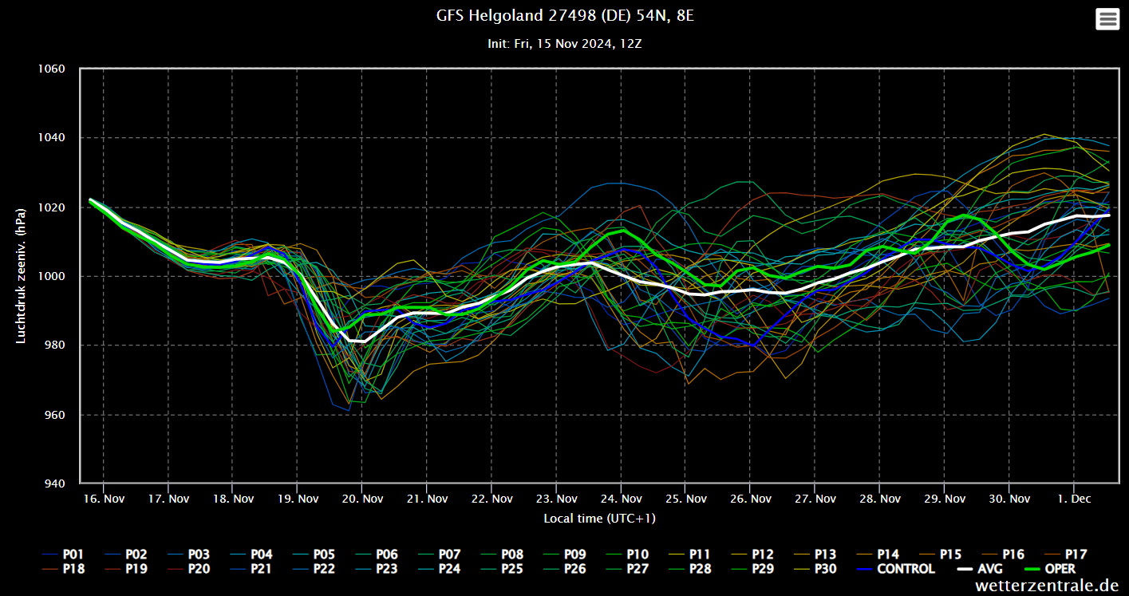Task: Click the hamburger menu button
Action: (x=1107, y=19)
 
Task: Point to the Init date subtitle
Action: (x=564, y=44)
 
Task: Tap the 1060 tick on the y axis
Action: (x=50, y=69)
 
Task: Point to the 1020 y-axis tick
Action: (x=50, y=207)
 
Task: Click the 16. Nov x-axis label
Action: (x=105, y=499)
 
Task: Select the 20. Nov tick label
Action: (x=363, y=499)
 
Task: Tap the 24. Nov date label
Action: (x=622, y=499)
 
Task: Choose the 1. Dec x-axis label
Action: (x=1074, y=499)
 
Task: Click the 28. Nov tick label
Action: (x=880, y=499)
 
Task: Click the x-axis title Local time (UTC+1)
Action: (x=599, y=519)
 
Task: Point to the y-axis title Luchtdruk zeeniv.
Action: (x=22, y=276)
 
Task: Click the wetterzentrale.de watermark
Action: (x=1047, y=586)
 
